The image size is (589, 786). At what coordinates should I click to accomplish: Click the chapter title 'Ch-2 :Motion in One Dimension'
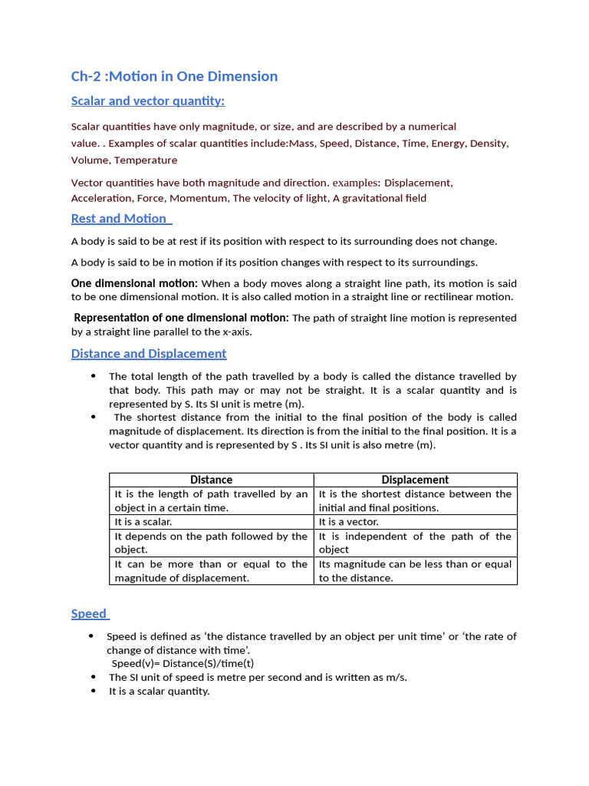coord(174,76)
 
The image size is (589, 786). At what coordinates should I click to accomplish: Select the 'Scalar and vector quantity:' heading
coord(147,101)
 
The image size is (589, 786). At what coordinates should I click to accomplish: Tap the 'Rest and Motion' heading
coord(120,219)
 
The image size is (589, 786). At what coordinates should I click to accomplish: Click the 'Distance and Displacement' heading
coord(148,354)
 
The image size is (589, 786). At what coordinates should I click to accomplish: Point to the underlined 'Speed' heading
coord(89,614)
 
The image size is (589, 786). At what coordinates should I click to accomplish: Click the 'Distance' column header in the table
coord(211,480)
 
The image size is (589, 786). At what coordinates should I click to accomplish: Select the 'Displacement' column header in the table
coord(415,480)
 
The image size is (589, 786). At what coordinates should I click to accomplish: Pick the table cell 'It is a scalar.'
coord(143,522)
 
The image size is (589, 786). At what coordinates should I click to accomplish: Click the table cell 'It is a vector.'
coord(349,522)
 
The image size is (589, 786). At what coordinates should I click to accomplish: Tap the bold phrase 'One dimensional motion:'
coord(134,283)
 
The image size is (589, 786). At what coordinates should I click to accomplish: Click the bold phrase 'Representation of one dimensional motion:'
coord(181,318)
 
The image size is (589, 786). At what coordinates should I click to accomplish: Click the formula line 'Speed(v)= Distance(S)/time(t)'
coord(183,663)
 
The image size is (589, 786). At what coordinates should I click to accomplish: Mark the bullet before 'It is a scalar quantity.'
coord(93,691)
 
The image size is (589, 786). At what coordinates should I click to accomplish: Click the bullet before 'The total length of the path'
coord(94,376)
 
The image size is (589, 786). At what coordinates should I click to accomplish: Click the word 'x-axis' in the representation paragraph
coord(236,332)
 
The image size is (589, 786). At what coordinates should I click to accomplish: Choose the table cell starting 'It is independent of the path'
coord(415,543)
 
